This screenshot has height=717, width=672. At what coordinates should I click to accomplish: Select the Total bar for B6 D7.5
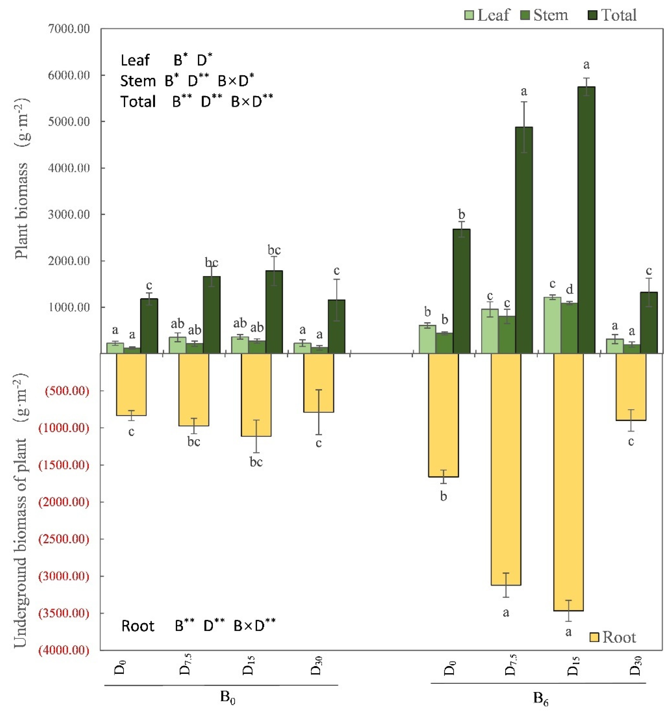(524, 240)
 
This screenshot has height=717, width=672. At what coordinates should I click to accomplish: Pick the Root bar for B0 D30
(318, 383)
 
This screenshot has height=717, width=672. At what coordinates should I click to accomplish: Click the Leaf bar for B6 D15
(552, 325)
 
